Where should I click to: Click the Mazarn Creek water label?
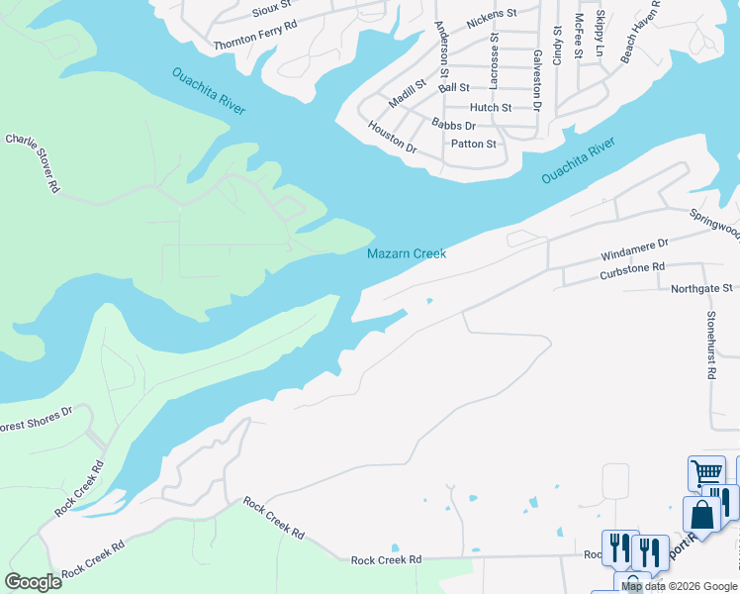click(x=407, y=253)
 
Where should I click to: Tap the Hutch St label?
click(x=491, y=107)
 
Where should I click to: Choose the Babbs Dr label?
click(x=454, y=126)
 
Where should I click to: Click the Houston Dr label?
click(x=393, y=137)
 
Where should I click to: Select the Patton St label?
click(x=473, y=144)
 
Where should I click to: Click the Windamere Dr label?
click(x=635, y=248)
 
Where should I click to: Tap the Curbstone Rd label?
click(x=630, y=267)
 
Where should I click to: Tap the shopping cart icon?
click(x=706, y=472)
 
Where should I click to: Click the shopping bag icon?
click(x=700, y=514)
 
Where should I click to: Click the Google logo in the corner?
click(x=34, y=581)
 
